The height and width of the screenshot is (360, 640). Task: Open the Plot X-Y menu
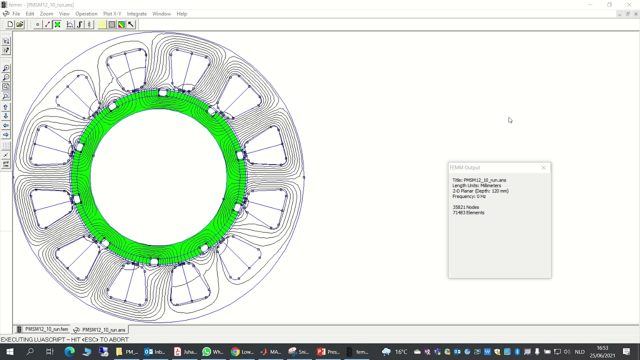tap(112, 14)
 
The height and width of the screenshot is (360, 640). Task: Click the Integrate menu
tap(136, 14)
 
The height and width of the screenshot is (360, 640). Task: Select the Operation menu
tap(86, 14)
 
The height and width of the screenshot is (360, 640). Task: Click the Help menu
tap(181, 14)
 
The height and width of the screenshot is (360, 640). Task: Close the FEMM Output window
tap(543, 167)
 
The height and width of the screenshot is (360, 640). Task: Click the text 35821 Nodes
tap(465, 207)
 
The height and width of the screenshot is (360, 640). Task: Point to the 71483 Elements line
tap(468, 212)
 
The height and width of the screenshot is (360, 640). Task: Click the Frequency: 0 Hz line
tap(469, 196)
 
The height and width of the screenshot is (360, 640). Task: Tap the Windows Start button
tap(9, 351)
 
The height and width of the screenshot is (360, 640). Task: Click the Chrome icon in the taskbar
tap(235, 351)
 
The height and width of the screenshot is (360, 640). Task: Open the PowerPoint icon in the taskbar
tap(321, 351)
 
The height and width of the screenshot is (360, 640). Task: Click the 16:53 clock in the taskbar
tap(602, 348)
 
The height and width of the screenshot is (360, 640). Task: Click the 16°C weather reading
tap(401, 351)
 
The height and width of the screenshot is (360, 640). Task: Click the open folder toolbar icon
tap(20, 24)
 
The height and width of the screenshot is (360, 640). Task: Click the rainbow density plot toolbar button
tap(121, 24)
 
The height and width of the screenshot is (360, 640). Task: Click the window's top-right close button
tap(629, 5)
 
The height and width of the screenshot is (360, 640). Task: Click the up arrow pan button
tap(6, 107)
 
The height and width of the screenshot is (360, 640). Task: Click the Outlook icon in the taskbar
tap(148, 351)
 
